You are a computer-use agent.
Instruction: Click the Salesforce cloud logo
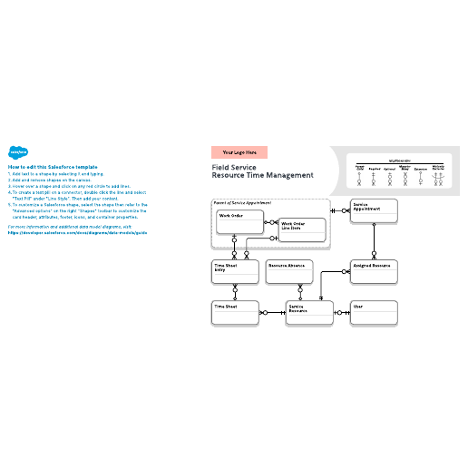[17, 153]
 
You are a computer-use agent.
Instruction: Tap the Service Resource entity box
[311, 313]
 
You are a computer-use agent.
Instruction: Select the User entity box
[374, 313]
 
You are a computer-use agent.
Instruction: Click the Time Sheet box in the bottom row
[235, 313]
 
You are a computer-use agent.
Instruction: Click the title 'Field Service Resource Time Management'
[262, 171]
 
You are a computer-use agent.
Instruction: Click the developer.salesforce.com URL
[76, 232]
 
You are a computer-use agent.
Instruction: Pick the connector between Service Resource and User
[343, 313]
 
